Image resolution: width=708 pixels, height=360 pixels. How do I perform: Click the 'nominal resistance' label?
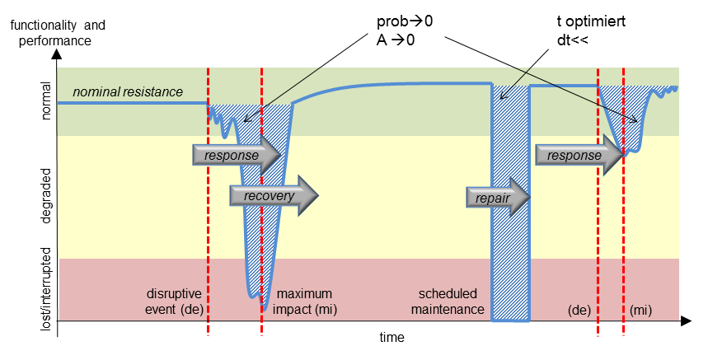[128, 92]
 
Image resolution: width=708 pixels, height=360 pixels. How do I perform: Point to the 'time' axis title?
[392, 338]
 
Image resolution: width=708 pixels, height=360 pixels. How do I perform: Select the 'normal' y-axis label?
[47, 101]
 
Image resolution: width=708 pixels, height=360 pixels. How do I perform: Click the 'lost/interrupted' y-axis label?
[47, 288]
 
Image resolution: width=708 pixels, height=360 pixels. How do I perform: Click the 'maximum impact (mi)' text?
[307, 301]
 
